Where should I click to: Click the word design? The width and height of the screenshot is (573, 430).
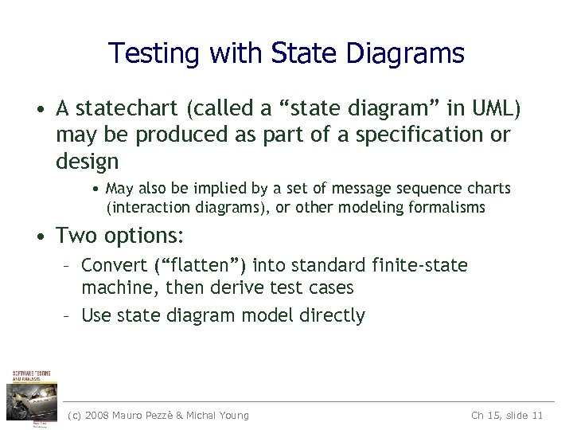click(87, 162)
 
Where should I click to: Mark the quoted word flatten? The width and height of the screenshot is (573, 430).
click(200, 265)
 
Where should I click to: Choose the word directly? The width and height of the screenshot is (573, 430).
click(332, 315)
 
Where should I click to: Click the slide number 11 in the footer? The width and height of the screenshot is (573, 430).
click(536, 416)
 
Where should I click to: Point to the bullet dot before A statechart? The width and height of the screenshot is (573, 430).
click(38, 107)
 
